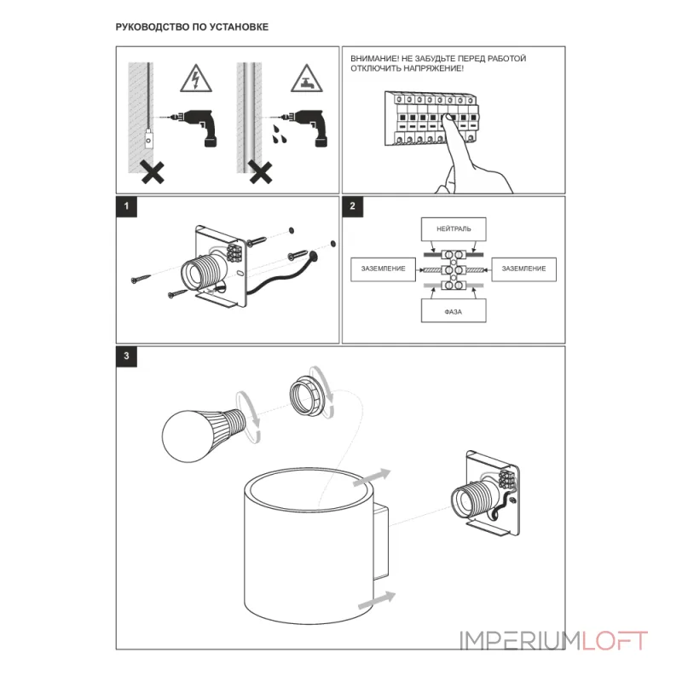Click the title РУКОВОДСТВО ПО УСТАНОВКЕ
tap(192, 27)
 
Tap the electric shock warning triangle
tap(196, 78)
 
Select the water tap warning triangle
tap(307, 78)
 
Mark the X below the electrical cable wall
tap(153, 172)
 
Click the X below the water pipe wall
tap(261, 172)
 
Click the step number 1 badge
tap(126, 206)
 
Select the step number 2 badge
tap(353, 206)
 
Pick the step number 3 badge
tap(126, 356)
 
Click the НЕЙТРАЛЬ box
tap(454, 229)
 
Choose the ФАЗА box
tap(454, 311)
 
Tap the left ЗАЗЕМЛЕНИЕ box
tap(383, 269)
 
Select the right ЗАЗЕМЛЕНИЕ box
tap(524, 269)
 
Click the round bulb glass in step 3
tap(186, 436)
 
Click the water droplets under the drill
tap(279, 135)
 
